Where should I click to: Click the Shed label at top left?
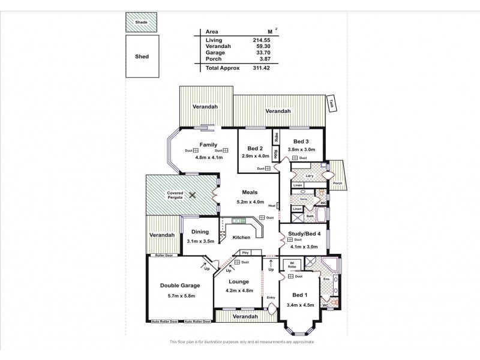(x=142, y=56)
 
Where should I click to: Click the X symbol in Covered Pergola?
(x=193, y=195)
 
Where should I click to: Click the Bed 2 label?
(x=255, y=148)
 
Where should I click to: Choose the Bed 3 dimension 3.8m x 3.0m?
(x=301, y=149)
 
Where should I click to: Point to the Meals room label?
(x=250, y=192)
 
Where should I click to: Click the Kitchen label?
(x=241, y=238)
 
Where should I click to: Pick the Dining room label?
(x=200, y=232)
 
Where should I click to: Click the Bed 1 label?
(x=300, y=295)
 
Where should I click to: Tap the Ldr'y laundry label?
(x=310, y=176)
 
